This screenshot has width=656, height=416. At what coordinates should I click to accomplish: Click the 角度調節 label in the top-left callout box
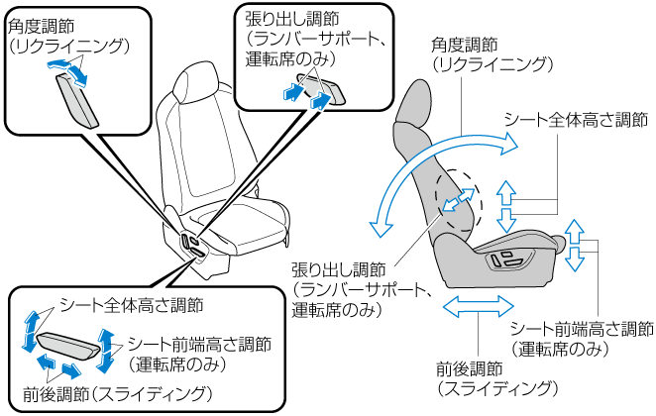pyautogui.click(x=42, y=26)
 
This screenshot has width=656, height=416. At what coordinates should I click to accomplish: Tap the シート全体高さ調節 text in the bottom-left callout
pyautogui.click(x=131, y=304)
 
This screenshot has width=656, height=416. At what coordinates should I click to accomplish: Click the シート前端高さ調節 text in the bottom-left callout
pyautogui.click(x=199, y=345)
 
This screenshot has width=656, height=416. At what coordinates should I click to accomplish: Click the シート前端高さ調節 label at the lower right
pyautogui.click(x=582, y=330)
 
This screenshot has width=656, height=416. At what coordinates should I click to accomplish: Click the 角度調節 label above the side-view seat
pyautogui.click(x=466, y=46)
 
